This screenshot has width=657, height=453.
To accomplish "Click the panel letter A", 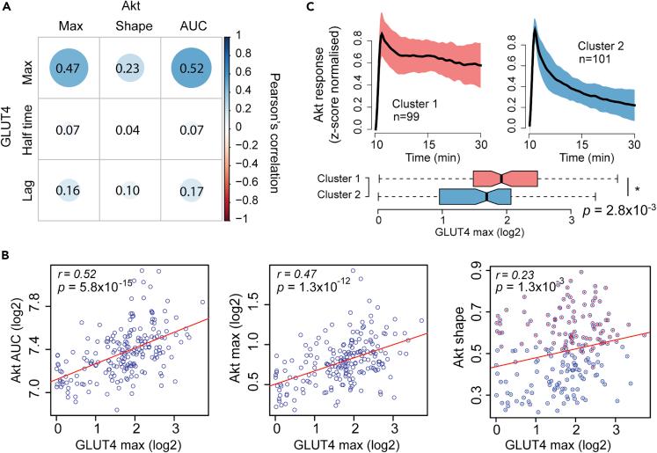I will pos(7,8).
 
